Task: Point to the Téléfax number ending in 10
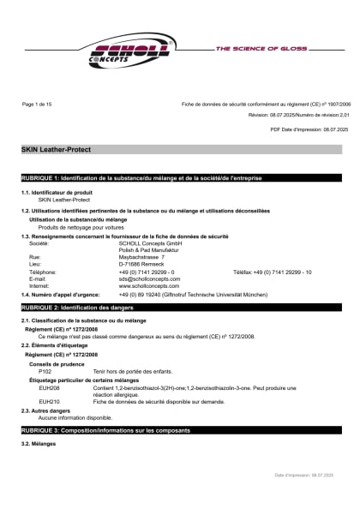pos(273,272)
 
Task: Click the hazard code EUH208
pos(49,387)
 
